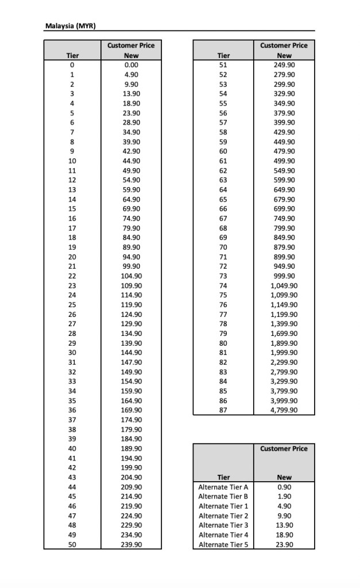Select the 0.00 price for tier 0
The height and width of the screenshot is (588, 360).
click(131, 65)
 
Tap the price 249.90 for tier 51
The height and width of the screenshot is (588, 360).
click(284, 65)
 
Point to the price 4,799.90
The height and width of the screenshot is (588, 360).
click(284, 410)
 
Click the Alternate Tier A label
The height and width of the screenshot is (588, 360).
click(223, 487)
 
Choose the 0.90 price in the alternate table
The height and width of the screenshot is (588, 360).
click(284, 487)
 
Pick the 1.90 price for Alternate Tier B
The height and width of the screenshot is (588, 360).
click(284, 496)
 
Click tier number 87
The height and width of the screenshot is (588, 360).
click(223, 410)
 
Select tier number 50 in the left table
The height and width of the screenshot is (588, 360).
click(72, 544)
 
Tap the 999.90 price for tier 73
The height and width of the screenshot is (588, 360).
click(284, 276)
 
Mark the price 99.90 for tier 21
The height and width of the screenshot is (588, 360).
click(131, 266)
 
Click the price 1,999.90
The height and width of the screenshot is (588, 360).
click(284, 353)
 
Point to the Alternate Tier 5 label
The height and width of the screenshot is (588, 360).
click(223, 544)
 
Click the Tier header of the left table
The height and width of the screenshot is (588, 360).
click(72, 56)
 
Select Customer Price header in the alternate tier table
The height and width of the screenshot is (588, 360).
click(284, 448)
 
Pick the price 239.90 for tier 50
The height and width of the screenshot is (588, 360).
click(131, 544)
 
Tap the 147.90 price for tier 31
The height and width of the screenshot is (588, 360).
click(131, 362)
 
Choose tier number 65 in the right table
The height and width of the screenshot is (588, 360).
click(223, 199)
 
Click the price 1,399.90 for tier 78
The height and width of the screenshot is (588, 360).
click(284, 324)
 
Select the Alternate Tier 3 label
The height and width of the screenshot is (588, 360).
click(223, 525)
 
